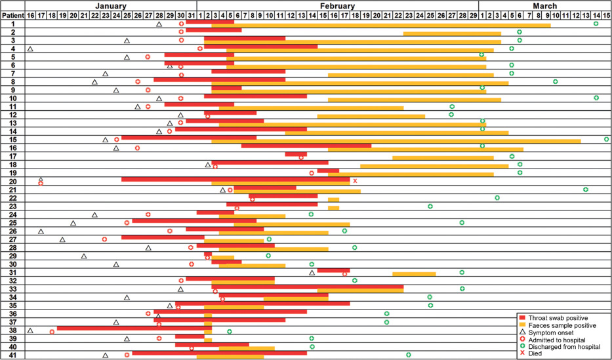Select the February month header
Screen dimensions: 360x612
pos(338,5)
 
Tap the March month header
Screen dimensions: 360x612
pos(544,5)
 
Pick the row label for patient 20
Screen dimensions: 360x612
pos(12,181)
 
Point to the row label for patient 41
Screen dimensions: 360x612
pos(12,355)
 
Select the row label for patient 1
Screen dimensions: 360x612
pos(12,24)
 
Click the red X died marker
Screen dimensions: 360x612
pos(355,180)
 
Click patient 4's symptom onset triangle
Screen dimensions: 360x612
pos(30,49)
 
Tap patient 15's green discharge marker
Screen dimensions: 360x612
pos(606,139)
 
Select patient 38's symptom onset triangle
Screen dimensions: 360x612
pos(30,330)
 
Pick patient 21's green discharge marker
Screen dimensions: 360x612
pos(585,190)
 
